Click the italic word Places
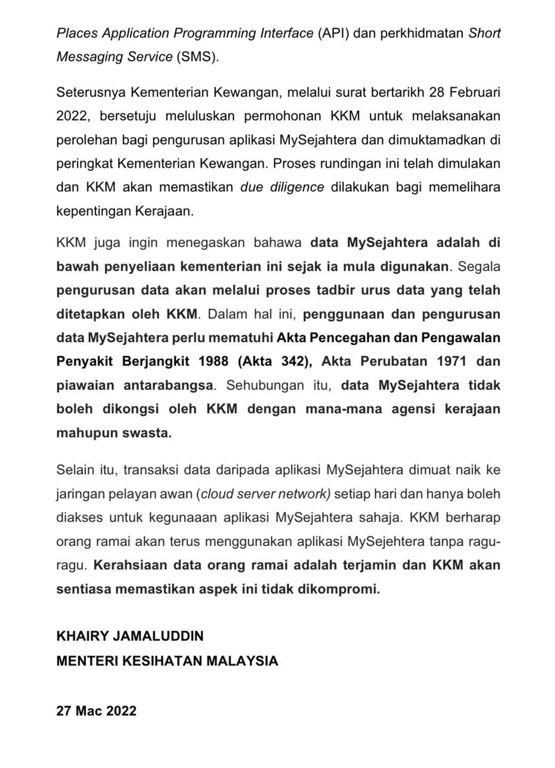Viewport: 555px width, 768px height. point(77,33)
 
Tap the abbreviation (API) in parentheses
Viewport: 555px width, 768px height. point(334,33)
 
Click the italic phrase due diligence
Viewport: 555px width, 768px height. point(282,187)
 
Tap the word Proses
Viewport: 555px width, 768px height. point(294,163)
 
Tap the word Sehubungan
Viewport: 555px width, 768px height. point(265,385)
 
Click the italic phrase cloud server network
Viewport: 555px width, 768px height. point(265,494)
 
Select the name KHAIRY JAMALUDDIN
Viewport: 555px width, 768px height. point(130,636)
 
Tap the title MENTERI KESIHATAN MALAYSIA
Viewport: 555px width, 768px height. point(168,661)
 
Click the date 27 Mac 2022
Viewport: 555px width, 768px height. point(97,711)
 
